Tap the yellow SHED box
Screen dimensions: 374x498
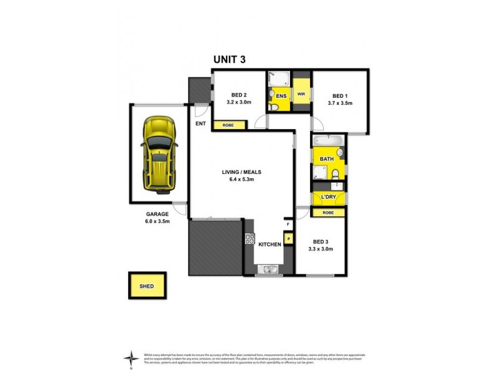147,287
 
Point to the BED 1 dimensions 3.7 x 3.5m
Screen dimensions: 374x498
340,103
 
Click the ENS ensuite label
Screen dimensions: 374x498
281,97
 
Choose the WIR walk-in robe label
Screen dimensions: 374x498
301,94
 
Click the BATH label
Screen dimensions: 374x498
327,160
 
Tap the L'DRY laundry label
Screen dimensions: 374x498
328,198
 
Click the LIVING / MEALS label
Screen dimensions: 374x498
243,171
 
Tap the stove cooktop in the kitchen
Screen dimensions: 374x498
250,239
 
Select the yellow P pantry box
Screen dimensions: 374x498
288,237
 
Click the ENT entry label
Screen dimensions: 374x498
200,123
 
